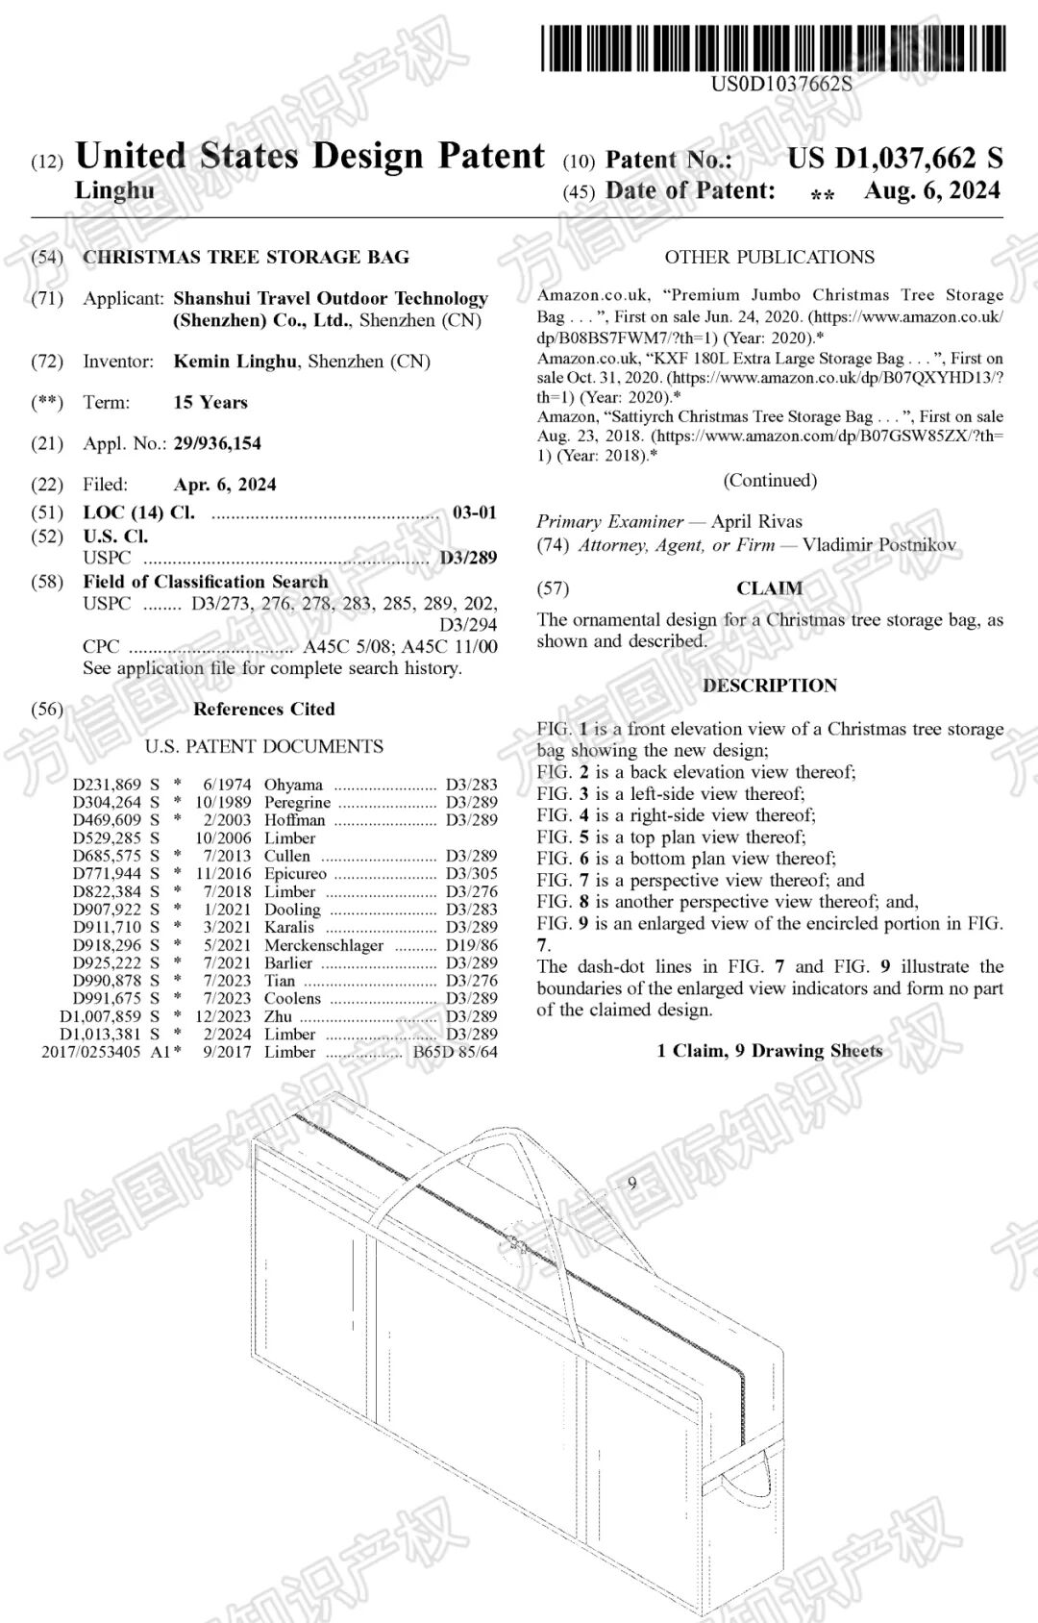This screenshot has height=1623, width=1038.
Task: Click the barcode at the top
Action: tap(774, 47)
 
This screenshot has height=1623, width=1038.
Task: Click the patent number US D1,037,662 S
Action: tap(895, 159)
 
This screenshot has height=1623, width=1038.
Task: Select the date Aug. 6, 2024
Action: tap(931, 190)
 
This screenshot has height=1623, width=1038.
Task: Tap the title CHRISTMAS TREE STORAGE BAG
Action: tap(246, 258)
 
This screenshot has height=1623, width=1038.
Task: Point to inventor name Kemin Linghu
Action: tap(235, 362)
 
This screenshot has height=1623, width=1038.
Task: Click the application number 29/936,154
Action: tap(217, 443)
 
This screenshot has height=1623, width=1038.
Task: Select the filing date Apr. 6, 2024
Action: tap(225, 485)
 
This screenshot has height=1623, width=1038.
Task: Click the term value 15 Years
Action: tap(210, 403)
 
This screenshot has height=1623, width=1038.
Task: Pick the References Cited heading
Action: tap(263, 710)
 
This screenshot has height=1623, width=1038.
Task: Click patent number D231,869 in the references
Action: tap(107, 785)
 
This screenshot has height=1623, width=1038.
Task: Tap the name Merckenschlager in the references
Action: tap(323, 945)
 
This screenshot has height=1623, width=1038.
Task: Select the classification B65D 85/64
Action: tap(456, 1052)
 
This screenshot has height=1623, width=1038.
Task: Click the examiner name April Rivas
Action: tap(756, 522)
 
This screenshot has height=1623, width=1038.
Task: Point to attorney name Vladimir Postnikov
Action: tap(879, 545)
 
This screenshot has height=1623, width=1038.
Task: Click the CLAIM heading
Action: tap(769, 588)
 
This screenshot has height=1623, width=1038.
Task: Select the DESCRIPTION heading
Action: tap(769, 686)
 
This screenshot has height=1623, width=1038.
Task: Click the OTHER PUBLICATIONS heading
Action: tap(769, 258)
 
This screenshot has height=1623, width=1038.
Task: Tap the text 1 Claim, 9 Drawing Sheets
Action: tap(769, 1051)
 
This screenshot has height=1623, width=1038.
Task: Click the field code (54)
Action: tap(47, 258)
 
